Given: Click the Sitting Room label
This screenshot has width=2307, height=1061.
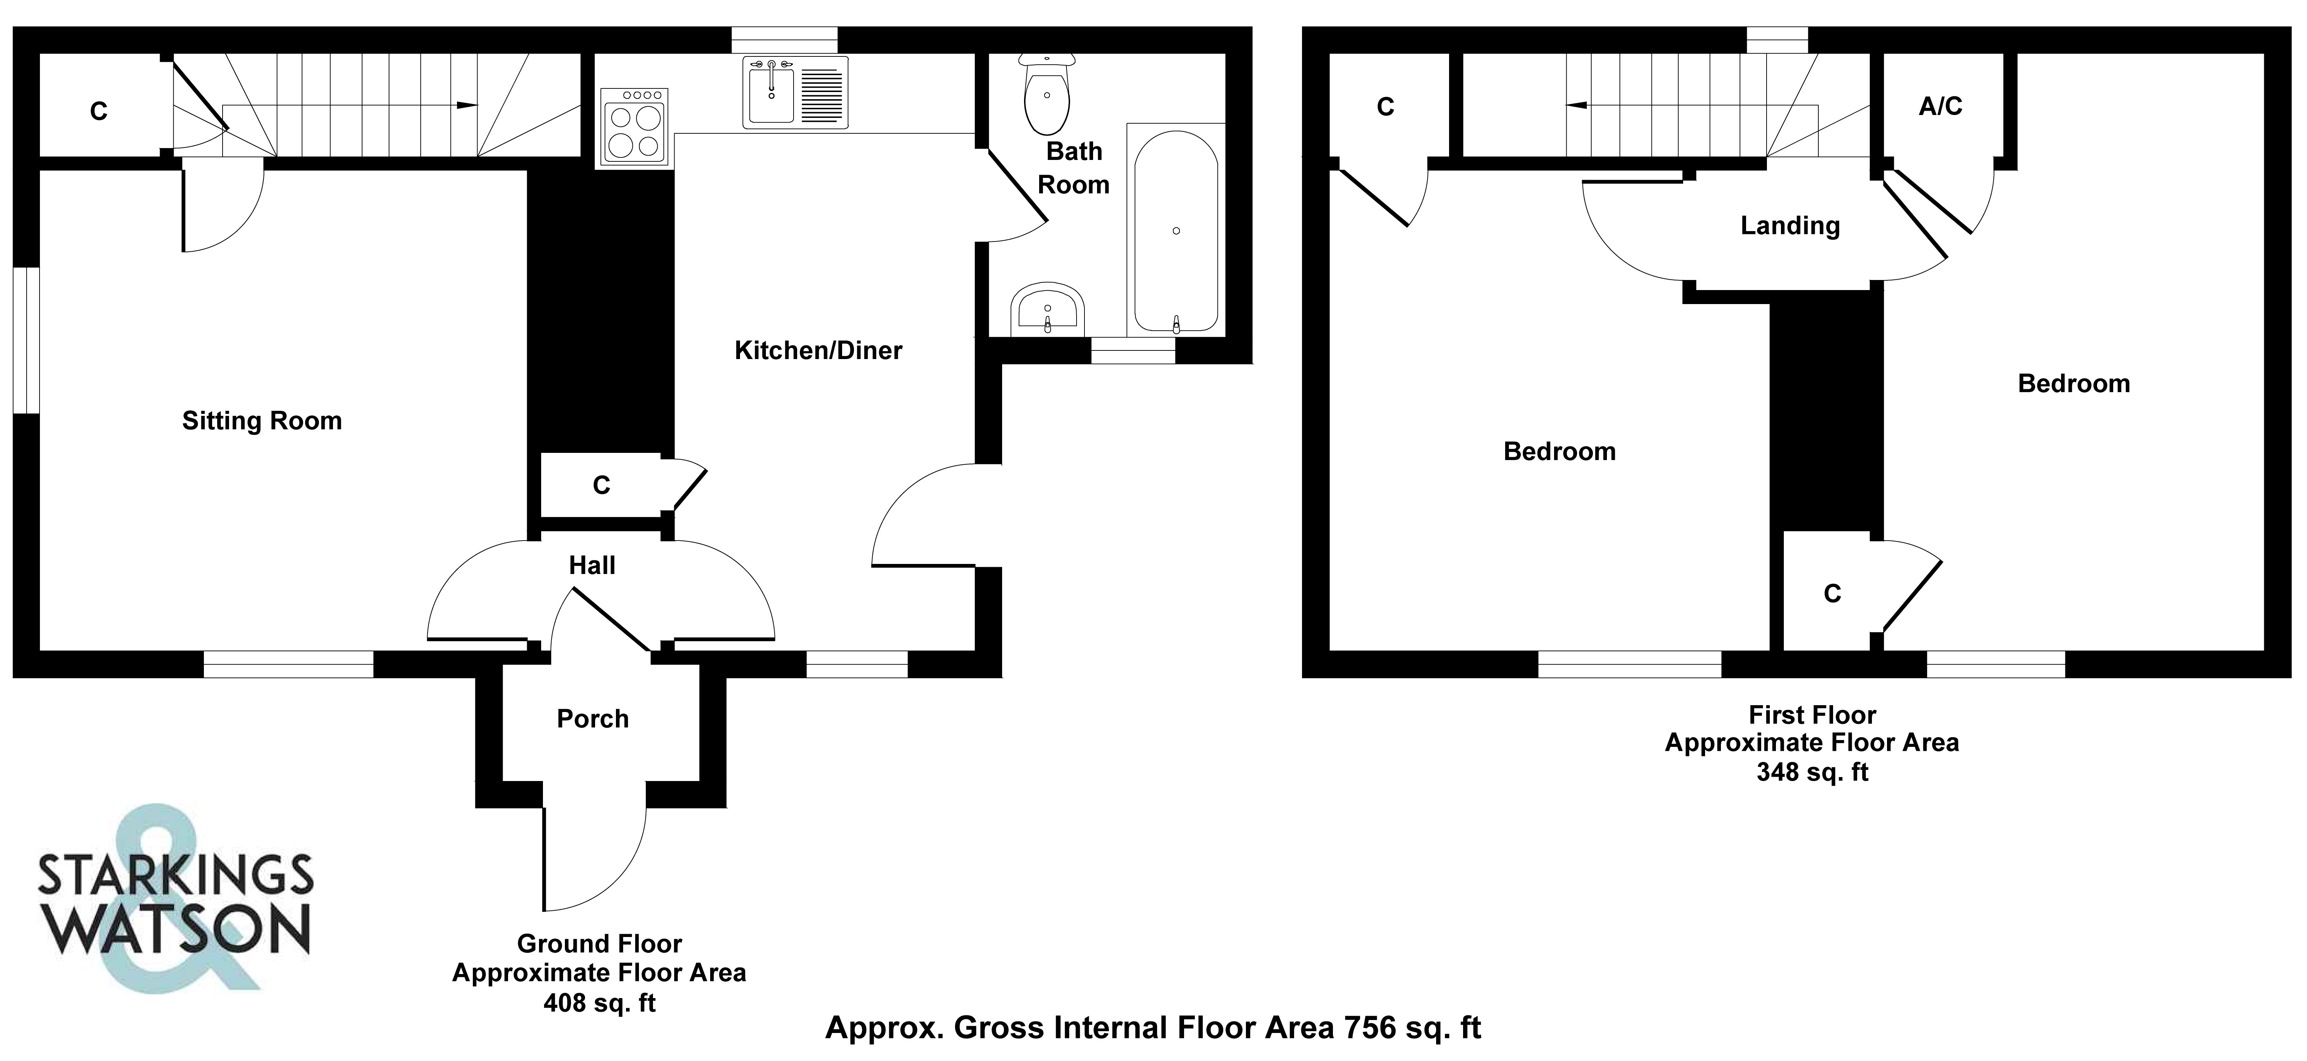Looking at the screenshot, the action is pyautogui.click(x=261, y=421).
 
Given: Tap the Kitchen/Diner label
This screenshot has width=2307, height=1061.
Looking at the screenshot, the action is pyautogui.click(x=818, y=350).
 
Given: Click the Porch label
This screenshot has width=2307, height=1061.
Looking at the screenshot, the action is pyautogui.click(x=593, y=719).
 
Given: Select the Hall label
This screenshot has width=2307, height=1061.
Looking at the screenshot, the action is pyautogui.click(x=592, y=565).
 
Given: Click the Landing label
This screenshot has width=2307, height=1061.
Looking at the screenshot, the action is pyautogui.click(x=1790, y=226).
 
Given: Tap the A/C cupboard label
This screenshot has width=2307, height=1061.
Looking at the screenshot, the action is pyautogui.click(x=1941, y=106).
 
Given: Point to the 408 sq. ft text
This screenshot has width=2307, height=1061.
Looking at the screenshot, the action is pyautogui.click(x=599, y=1003).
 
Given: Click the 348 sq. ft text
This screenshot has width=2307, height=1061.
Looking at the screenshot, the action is pyautogui.click(x=1813, y=772).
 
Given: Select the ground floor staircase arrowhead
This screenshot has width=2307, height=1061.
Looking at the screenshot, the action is pyautogui.click(x=467, y=105).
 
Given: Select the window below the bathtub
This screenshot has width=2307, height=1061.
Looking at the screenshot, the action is pyautogui.click(x=1133, y=350).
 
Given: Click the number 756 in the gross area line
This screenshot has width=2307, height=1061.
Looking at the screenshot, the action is pyautogui.click(x=1369, y=1028).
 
